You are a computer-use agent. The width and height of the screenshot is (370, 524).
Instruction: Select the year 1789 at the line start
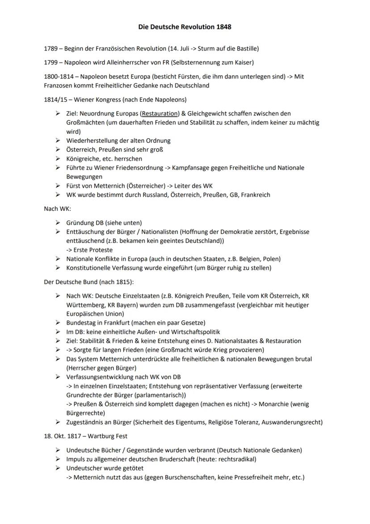[x=51, y=48]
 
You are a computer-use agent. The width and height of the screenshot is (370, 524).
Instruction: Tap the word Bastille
[x=245, y=48]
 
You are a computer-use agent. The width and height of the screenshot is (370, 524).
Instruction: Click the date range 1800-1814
[x=60, y=77]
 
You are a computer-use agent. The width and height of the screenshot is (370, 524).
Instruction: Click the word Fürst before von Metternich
[x=74, y=186]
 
